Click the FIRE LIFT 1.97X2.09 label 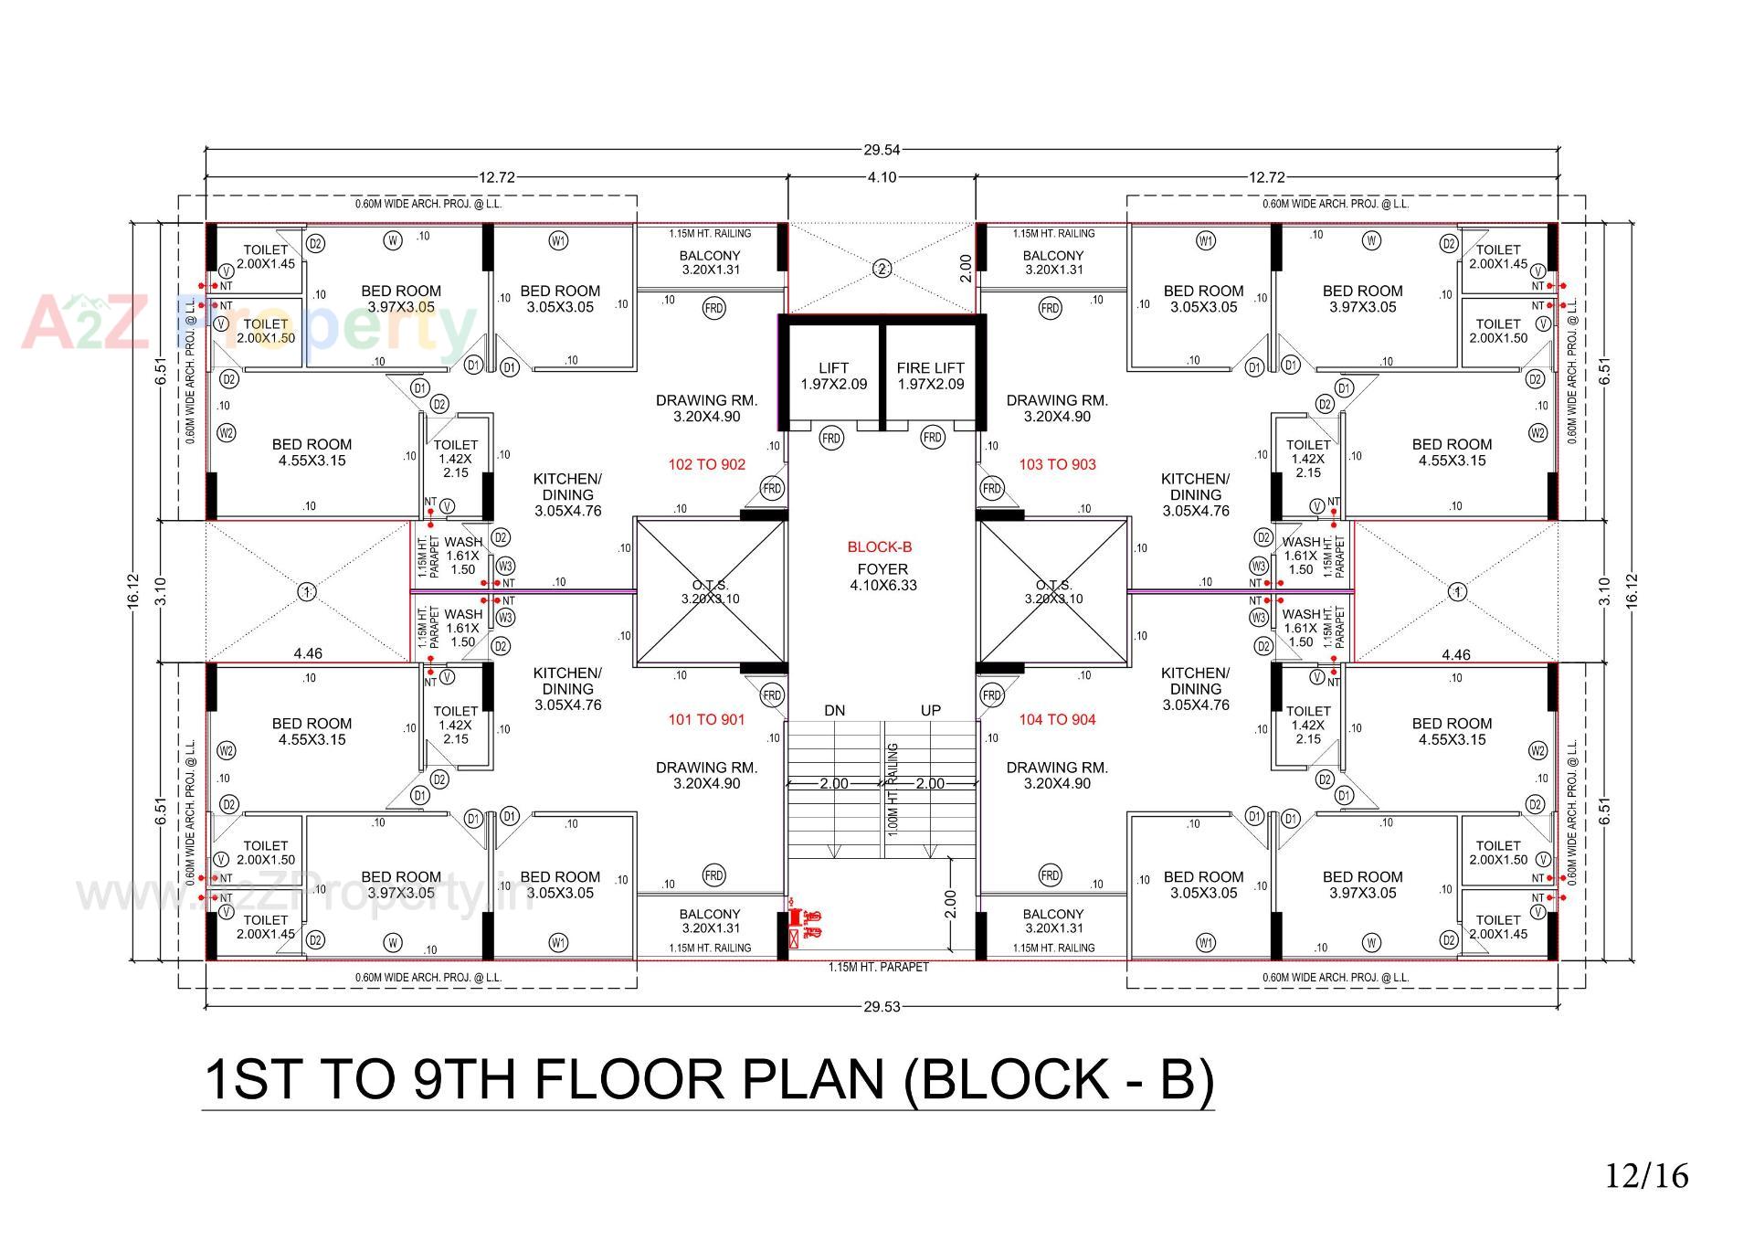930,376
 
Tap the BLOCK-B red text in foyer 879,547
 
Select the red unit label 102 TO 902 706,464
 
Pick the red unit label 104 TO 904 1057,719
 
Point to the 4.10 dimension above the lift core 882,177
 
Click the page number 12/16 1647,1175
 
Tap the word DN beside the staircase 834,710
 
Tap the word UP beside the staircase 930,710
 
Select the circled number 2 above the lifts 882,269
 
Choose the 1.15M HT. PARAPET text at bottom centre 878,967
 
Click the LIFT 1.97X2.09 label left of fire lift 833,376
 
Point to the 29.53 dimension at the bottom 882,1007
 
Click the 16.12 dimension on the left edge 134,591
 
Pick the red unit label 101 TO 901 706,719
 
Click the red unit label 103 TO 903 1057,464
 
